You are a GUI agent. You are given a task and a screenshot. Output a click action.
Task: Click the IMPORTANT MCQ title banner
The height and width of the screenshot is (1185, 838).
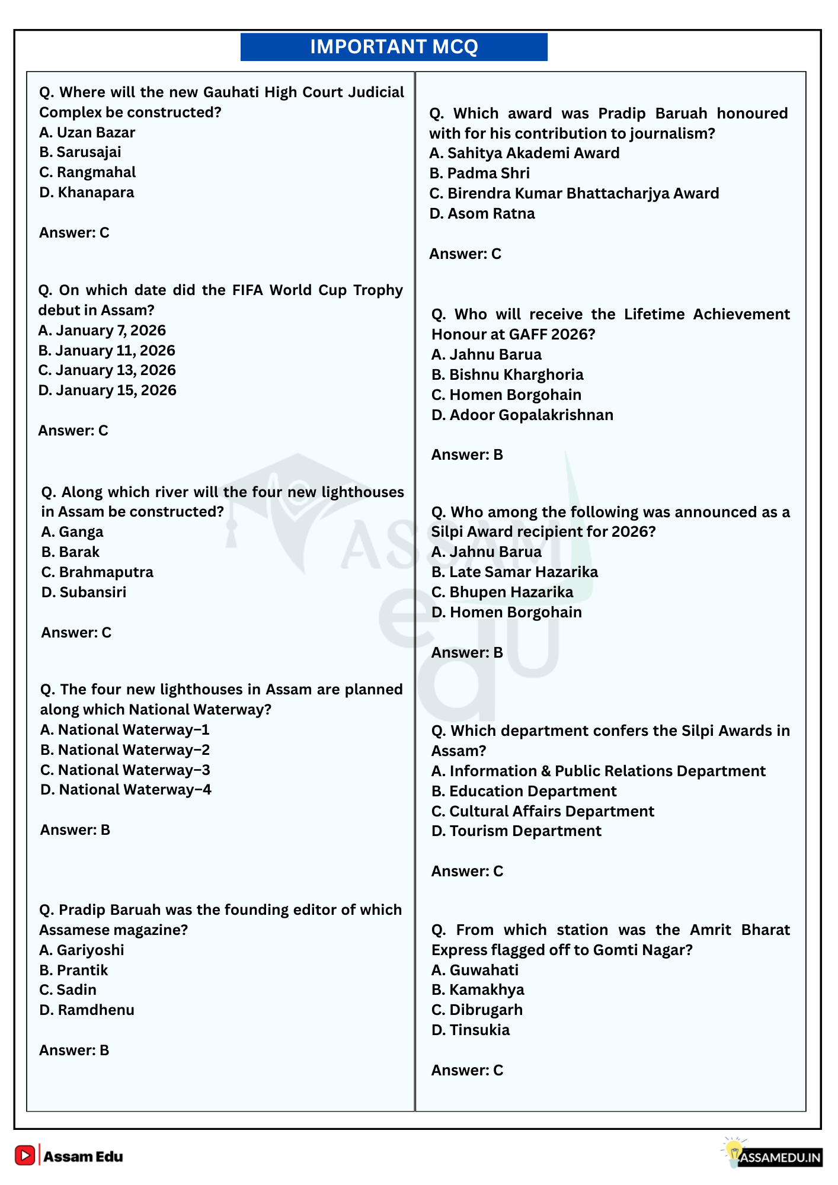pos(394,47)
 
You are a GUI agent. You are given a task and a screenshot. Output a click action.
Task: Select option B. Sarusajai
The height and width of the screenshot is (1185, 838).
pos(80,152)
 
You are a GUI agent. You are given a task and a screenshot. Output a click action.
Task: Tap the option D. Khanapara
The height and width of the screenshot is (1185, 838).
pos(87,193)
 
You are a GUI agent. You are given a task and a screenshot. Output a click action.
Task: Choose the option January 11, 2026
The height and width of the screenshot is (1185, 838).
pos(107,351)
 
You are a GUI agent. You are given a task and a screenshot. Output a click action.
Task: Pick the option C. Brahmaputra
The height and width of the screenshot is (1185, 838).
pos(97,572)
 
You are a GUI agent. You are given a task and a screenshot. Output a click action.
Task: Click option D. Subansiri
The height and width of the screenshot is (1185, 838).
pos(84,592)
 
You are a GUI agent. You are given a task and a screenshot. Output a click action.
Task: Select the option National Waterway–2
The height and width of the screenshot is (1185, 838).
pos(125,750)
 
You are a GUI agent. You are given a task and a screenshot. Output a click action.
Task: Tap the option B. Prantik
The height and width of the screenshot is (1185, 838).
pos(73,971)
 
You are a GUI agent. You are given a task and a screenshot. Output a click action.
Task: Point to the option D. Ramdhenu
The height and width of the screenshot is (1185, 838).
pos(87,1010)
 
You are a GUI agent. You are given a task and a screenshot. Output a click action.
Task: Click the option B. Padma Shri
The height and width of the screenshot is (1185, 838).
pos(479,174)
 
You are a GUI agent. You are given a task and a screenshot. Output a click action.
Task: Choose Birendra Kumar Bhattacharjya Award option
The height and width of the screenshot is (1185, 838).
pos(574,194)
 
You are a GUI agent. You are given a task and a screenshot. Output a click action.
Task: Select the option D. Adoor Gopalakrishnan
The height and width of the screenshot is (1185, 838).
pos(522,415)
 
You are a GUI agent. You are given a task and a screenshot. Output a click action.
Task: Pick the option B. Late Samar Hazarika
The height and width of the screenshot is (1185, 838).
pos(514,572)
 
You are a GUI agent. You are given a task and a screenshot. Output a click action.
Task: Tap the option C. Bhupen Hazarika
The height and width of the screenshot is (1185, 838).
pos(502,592)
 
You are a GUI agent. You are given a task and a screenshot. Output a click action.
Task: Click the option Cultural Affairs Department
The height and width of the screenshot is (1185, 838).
pos(542,812)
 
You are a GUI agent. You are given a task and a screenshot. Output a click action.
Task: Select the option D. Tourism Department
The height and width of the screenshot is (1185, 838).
pos(516,831)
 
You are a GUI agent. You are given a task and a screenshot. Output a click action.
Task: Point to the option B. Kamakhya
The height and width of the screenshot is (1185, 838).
pos(478,990)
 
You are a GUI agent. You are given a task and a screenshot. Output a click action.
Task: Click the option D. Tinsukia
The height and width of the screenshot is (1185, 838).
pos(471,1030)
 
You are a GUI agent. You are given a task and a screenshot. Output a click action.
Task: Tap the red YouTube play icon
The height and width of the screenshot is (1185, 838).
pos(25,1155)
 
